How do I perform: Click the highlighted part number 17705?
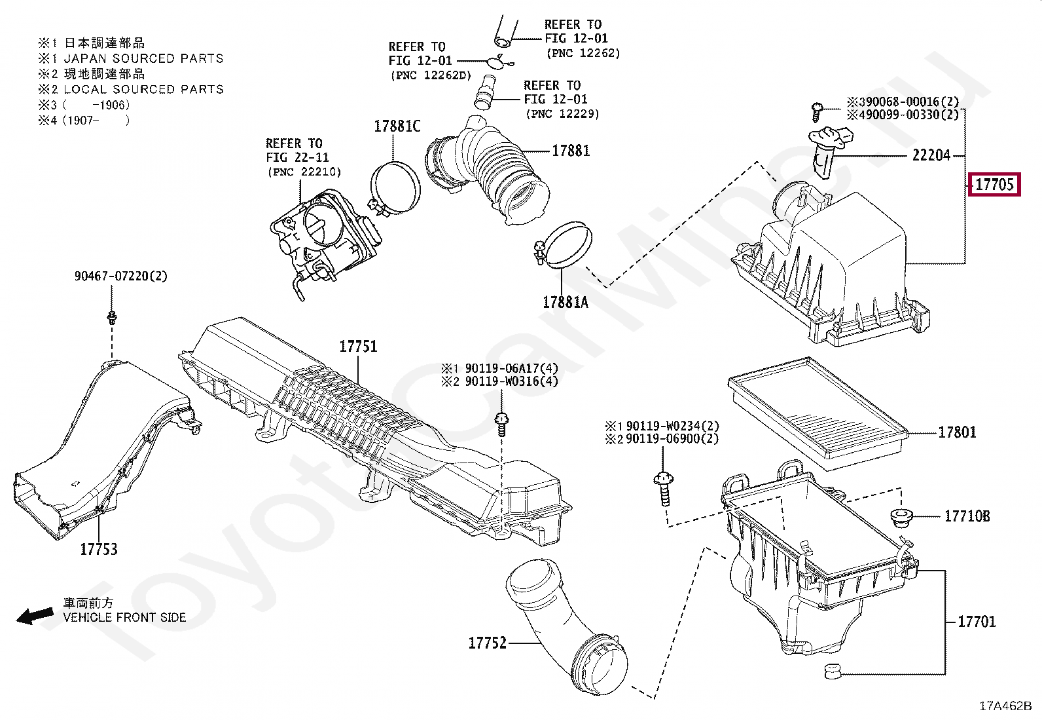994,185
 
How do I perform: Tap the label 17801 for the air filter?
957,432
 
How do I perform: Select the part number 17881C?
397,126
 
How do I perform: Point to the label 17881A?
565,302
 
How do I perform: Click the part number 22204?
931,156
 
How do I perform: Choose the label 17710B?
967,516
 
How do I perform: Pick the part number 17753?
99,549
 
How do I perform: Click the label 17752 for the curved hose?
488,643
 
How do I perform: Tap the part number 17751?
358,346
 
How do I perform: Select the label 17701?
976,621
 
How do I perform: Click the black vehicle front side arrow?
35,616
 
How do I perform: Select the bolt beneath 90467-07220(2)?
111,318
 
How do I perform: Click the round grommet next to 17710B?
904,516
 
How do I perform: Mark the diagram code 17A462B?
1005,706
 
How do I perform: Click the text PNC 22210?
304,172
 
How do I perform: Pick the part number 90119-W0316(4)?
511,381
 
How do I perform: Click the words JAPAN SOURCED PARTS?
143,59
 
